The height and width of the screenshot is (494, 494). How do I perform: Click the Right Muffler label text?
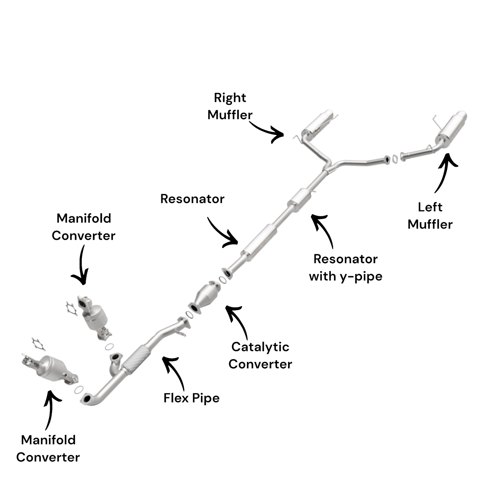(230, 106)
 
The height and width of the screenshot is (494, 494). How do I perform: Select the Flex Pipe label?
(191, 398)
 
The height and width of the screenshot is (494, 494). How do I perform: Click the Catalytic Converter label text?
(260, 356)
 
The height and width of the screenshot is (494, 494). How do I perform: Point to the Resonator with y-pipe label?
(345, 268)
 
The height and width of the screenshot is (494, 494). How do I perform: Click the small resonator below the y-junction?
(299, 200)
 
